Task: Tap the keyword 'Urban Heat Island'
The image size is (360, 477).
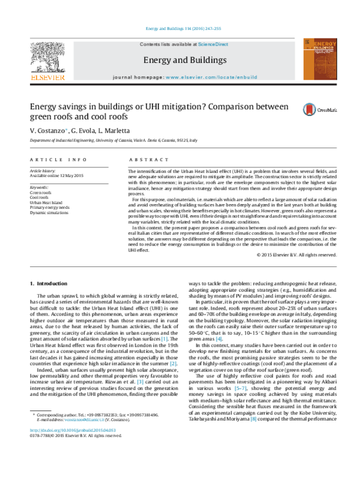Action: (46, 202)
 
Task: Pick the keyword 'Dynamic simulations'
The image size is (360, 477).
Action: (49, 213)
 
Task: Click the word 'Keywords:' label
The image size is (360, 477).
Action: (38, 187)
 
